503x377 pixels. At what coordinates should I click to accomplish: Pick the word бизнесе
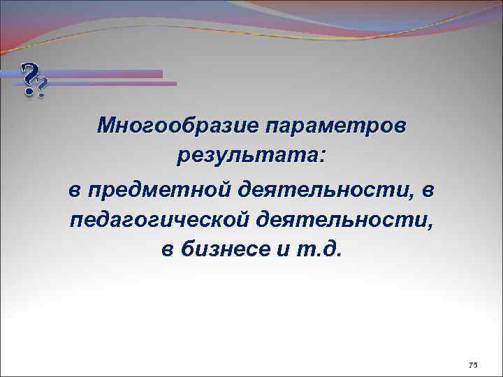[x=230, y=252]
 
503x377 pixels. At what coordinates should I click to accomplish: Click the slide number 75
[x=473, y=364]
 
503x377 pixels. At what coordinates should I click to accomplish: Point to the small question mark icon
[x=42, y=89]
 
